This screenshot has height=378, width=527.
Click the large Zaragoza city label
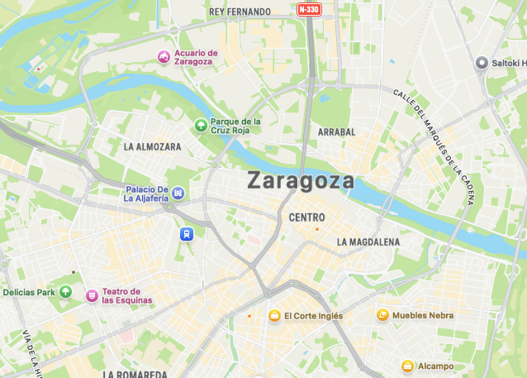point(301,180)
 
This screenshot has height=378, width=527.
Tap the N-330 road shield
point(309,10)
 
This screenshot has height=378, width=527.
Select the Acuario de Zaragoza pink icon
point(164,57)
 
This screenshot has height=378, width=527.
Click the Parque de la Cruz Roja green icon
point(200,125)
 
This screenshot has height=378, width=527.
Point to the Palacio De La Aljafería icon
point(178,194)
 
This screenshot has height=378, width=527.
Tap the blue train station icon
point(188,234)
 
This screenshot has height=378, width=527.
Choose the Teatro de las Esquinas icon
point(91,295)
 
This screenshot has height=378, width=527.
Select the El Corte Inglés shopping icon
point(274,315)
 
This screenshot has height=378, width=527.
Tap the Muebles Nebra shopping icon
point(382,315)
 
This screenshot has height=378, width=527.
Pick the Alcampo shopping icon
point(407,366)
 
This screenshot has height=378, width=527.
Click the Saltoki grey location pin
point(482,63)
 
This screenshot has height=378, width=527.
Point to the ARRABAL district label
point(336,132)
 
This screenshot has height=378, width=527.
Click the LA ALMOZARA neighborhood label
point(152,146)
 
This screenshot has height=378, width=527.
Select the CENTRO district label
point(307,218)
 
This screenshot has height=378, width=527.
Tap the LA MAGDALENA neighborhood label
point(368,242)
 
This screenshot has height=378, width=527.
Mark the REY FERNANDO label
point(240,12)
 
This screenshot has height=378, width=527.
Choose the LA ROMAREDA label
point(135,374)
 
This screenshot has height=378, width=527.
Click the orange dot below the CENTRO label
point(316,229)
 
